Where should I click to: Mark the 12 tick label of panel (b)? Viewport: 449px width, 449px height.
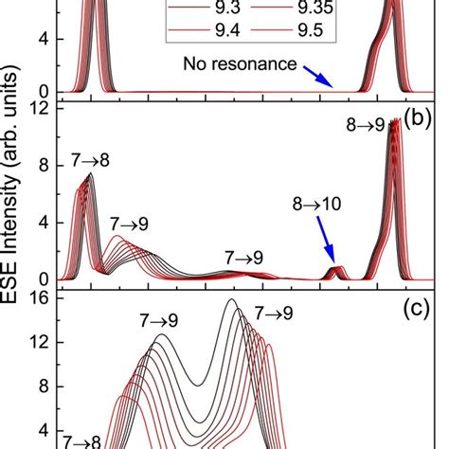pyautogui.click(x=40, y=110)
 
